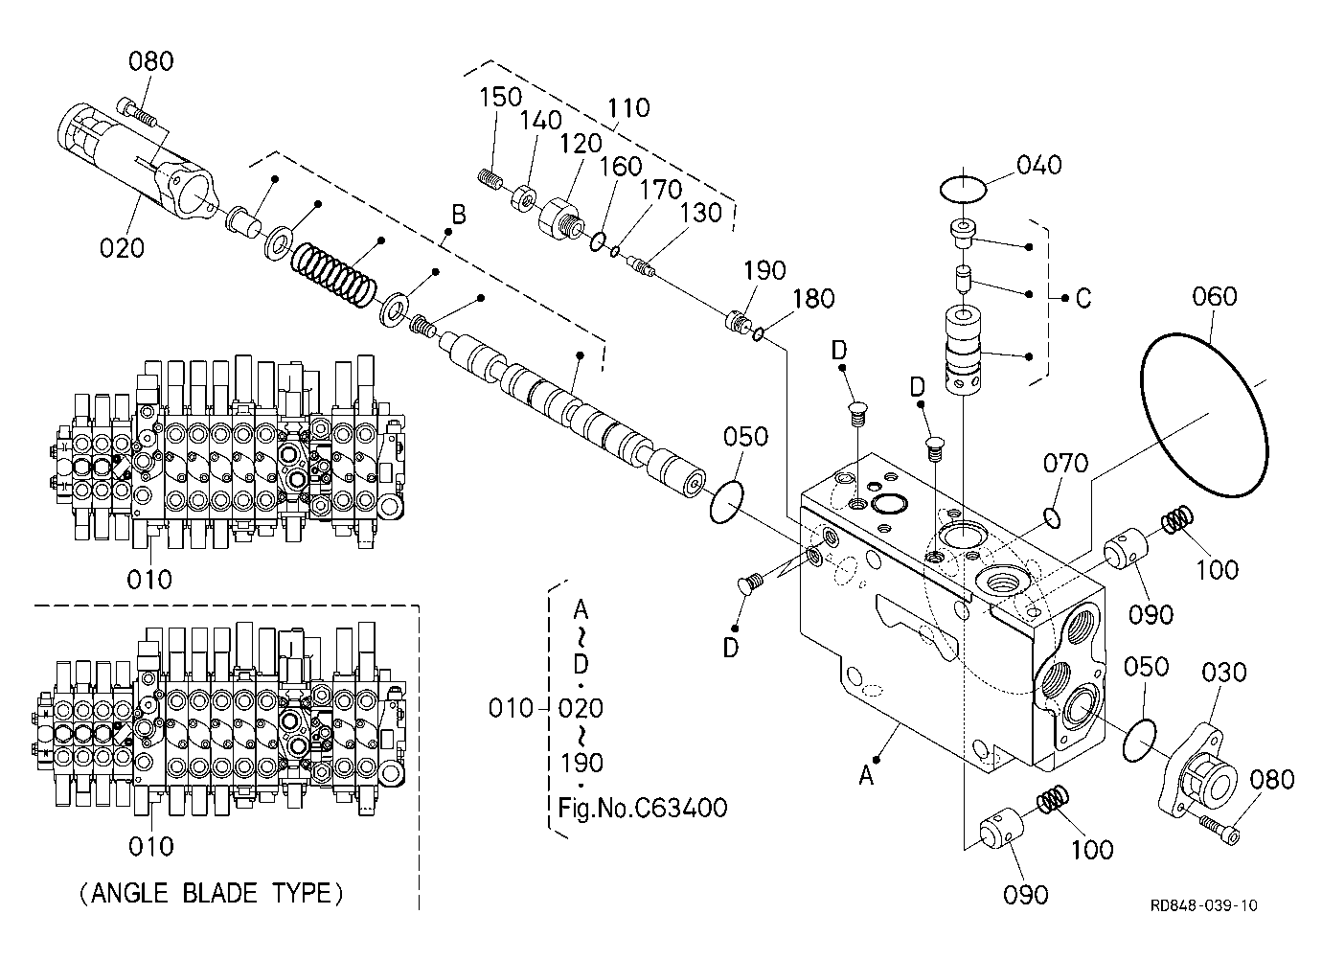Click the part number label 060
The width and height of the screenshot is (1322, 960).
[x=1214, y=296]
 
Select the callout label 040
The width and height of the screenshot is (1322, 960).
[x=1039, y=166]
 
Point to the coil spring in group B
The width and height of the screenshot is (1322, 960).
[x=333, y=275]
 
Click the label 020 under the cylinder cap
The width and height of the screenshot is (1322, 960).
[x=122, y=248]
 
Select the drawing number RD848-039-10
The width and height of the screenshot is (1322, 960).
[x=1204, y=905]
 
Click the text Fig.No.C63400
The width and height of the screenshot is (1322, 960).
[x=643, y=808]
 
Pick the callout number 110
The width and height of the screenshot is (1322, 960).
[x=628, y=108]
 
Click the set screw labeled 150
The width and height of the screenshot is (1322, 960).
[x=489, y=177]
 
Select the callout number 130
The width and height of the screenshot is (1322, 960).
[x=701, y=213]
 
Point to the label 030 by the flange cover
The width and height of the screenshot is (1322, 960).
[x=1224, y=673]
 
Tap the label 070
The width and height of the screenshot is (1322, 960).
[x=1065, y=464]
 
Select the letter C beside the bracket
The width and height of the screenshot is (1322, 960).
[x=1083, y=299]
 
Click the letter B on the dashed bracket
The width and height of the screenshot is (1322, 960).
[x=459, y=215]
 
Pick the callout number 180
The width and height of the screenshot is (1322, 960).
[x=813, y=299]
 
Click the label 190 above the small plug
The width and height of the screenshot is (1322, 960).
[x=764, y=271]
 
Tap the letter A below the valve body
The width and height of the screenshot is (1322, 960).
[x=866, y=775]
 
